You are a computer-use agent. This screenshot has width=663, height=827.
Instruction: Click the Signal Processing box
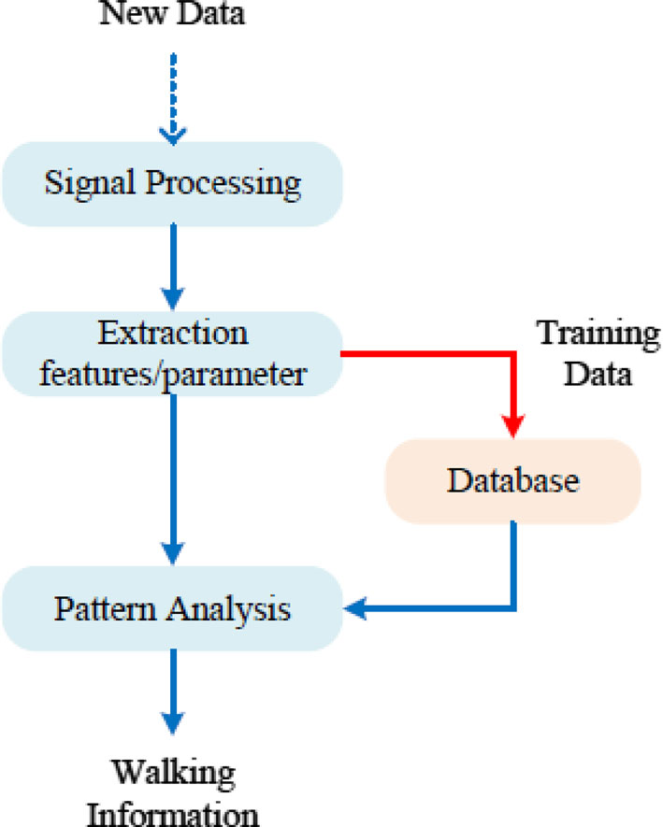click(173, 181)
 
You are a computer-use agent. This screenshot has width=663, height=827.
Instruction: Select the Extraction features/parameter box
click(173, 355)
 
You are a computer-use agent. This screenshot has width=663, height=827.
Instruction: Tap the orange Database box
click(513, 480)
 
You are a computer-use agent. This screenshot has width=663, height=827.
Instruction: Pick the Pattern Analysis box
click(173, 610)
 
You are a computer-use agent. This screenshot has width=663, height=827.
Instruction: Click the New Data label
click(173, 14)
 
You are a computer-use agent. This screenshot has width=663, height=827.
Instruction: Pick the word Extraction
click(173, 334)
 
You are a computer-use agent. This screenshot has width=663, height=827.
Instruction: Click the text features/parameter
click(173, 375)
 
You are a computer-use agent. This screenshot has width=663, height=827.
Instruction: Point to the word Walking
click(174, 774)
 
